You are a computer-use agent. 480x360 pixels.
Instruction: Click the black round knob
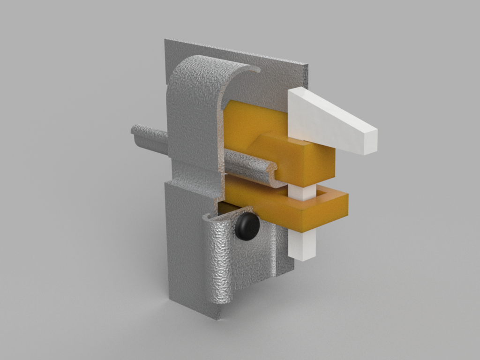pos(247,226)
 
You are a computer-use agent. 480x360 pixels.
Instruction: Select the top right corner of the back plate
pos(307,65)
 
